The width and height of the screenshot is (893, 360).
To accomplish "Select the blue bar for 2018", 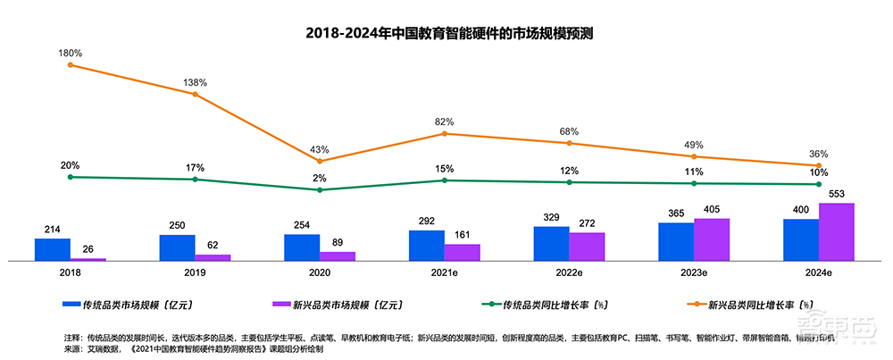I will click(52, 249).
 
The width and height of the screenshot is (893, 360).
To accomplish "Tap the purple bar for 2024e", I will click(837, 231).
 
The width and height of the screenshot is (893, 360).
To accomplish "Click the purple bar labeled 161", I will click(462, 252).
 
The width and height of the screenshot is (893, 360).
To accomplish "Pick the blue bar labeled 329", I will click(551, 243).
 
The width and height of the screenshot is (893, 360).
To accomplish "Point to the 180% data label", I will click(70, 53).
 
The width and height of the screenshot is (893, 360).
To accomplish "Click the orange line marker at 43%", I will click(320, 161).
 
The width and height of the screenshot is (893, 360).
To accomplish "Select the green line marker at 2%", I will click(320, 189).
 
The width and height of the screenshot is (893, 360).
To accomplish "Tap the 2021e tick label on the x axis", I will click(445, 272).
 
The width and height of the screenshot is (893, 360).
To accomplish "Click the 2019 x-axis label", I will click(195, 272).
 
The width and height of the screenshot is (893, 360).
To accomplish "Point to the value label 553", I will click(837, 195).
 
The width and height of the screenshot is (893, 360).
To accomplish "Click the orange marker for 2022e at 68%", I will click(569, 143).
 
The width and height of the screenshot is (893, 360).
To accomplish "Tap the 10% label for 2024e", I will click(818, 172).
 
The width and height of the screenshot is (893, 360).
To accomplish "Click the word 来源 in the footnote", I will click(72, 348).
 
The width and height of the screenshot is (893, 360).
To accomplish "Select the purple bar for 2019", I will click(213, 257).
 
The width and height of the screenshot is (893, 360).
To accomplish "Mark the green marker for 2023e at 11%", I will click(694, 183).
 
